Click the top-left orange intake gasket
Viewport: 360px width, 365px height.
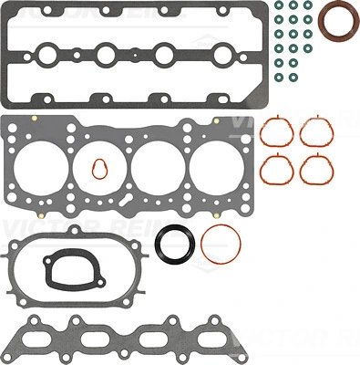click(276, 133)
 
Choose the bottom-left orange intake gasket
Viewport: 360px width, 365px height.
click(276, 168)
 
